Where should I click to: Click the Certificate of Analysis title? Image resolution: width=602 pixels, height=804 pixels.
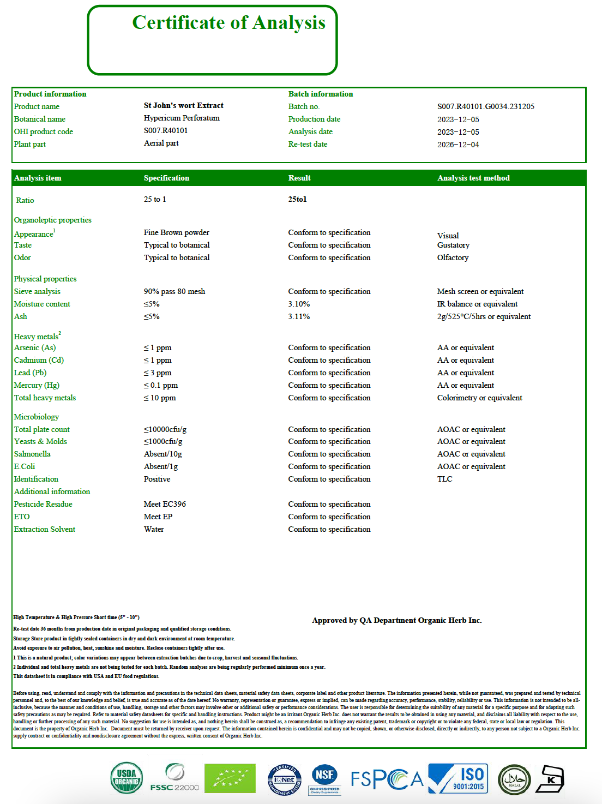(228, 23)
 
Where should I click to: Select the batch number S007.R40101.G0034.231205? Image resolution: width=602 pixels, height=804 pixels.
(485, 106)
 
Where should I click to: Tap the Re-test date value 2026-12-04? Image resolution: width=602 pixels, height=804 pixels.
(458, 145)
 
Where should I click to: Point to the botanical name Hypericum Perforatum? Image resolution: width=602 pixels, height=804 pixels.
(182, 118)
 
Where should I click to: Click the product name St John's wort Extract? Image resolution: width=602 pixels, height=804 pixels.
(183, 105)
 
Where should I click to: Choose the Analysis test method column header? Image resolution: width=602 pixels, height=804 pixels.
(473, 178)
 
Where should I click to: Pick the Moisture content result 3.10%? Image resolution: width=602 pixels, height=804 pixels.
(299, 304)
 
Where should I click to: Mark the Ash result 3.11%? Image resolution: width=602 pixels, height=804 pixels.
(299, 316)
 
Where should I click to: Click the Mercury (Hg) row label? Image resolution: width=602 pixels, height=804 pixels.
(37, 385)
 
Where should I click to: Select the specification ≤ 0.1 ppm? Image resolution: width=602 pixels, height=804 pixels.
(161, 385)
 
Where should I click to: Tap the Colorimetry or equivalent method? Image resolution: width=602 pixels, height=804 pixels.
(479, 398)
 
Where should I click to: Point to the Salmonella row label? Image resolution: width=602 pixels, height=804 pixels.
(32, 454)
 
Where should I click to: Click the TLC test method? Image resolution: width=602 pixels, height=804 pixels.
(444, 479)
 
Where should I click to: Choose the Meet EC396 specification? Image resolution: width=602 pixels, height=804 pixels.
(165, 504)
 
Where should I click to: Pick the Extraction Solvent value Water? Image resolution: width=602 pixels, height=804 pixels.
(154, 529)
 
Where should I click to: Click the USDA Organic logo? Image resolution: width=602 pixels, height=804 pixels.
(127, 778)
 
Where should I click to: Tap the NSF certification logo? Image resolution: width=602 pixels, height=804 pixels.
(324, 779)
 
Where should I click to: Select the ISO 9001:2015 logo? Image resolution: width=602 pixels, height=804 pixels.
(458, 778)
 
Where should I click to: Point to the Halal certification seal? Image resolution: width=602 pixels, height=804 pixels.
(514, 779)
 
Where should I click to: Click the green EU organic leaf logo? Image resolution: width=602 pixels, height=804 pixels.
(230, 778)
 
